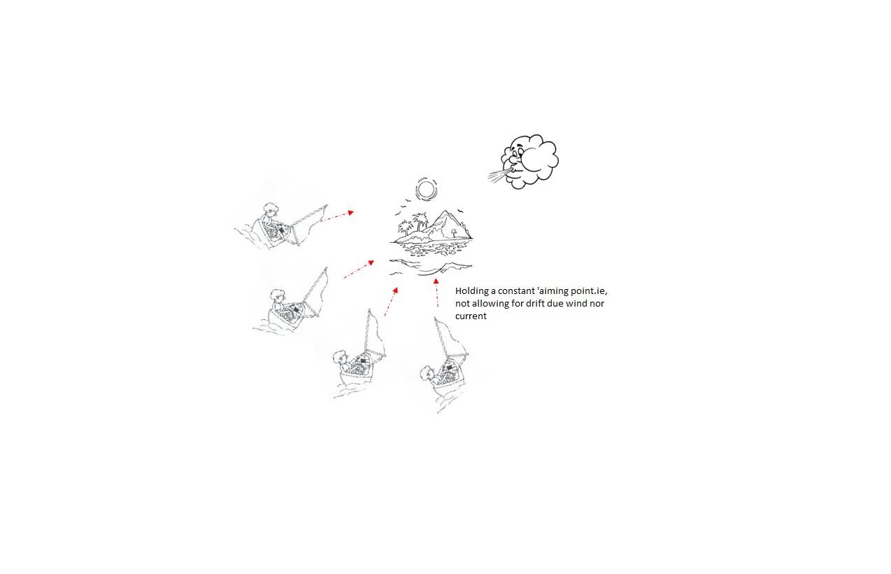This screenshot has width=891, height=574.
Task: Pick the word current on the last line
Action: [471, 316]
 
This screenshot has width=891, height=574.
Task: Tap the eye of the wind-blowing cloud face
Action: [516, 151]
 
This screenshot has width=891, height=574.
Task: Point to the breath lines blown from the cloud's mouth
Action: [497, 176]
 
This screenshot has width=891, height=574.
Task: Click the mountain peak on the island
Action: [446, 212]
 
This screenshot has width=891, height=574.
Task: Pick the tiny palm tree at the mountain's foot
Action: [453, 232]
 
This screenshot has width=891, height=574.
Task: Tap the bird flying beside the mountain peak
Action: [461, 211]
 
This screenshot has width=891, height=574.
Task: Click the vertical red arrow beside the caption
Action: [436, 293]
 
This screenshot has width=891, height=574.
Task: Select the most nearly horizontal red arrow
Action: [337, 216]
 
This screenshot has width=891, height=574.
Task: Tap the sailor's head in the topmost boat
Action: [271, 209]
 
